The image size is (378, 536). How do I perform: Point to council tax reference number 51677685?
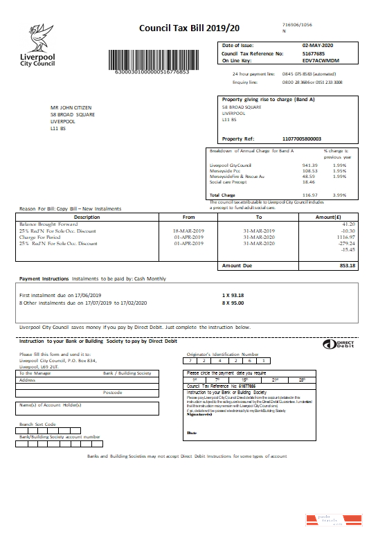pyautogui.click(x=314, y=53)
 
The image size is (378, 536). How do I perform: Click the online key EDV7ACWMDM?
pyautogui.click(x=319, y=60)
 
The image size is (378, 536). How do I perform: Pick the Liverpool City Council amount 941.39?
pyautogui.click(x=309, y=166)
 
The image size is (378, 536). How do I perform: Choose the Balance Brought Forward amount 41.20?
pyautogui.click(x=348, y=224)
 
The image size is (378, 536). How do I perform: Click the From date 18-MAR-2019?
pyautogui.click(x=189, y=231)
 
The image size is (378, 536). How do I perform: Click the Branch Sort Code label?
pyautogui.click(x=37, y=423)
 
